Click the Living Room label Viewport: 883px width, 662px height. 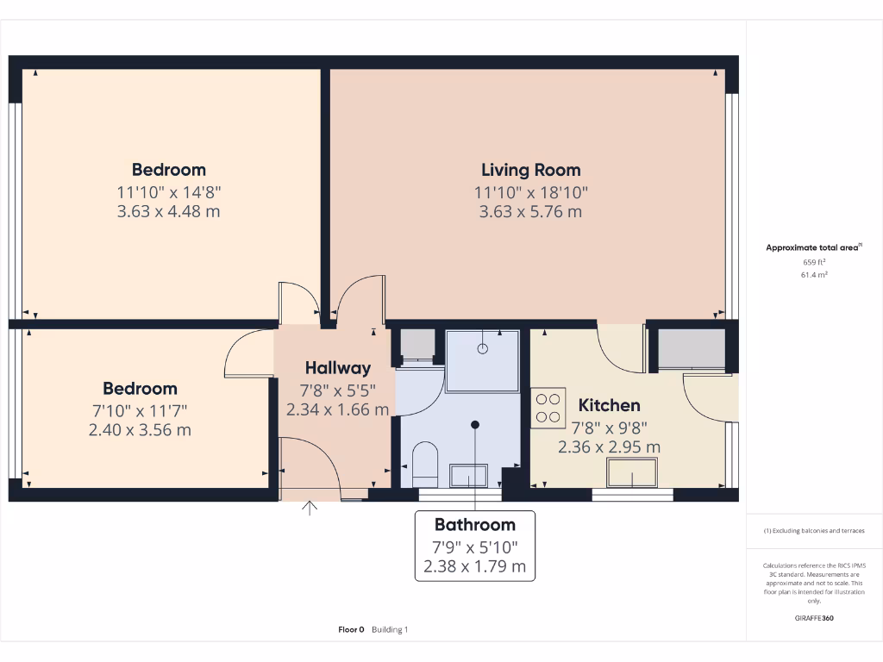[x=530, y=170]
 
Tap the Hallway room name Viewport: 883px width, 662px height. [x=337, y=368]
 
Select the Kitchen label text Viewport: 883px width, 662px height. [x=609, y=405]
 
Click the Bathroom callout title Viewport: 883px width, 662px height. [x=474, y=524]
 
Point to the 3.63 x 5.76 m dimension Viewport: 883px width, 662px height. [x=530, y=211]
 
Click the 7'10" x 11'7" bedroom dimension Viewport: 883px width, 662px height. [x=140, y=409]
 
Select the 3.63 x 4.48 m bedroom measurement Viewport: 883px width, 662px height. [x=168, y=211]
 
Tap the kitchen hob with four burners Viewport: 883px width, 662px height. [x=548, y=407]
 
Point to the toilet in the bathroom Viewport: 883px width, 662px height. [x=426, y=462]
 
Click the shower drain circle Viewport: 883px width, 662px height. [x=483, y=348]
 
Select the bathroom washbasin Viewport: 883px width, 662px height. [x=468, y=475]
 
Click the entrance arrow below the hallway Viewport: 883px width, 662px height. [x=309, y=507]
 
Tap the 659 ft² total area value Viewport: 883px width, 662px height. [x=814, y=262]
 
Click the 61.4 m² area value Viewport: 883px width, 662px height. [x=814, y=275]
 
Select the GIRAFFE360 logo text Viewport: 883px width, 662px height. [x=814, y=618]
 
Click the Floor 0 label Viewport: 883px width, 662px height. [x=352, y=630]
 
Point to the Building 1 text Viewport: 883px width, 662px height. [x=390, y=630]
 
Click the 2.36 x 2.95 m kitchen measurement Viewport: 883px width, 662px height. [x=609, y=447]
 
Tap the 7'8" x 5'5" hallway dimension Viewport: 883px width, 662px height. [x=337, y=389]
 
